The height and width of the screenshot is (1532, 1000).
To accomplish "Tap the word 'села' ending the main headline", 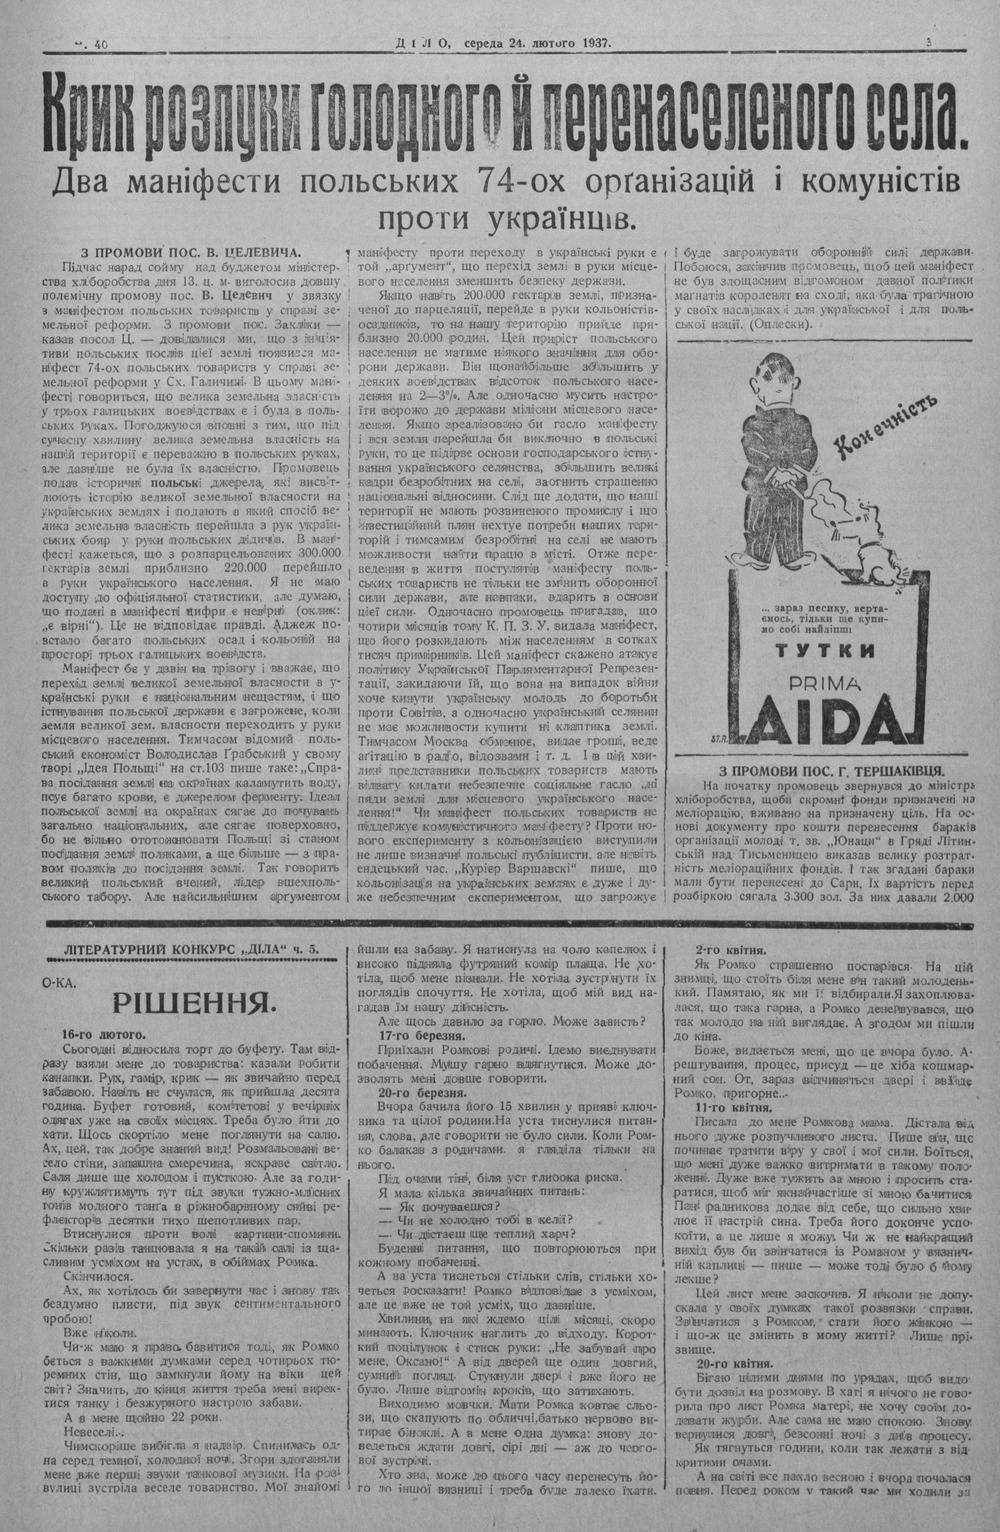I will click(x=909, y=117).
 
